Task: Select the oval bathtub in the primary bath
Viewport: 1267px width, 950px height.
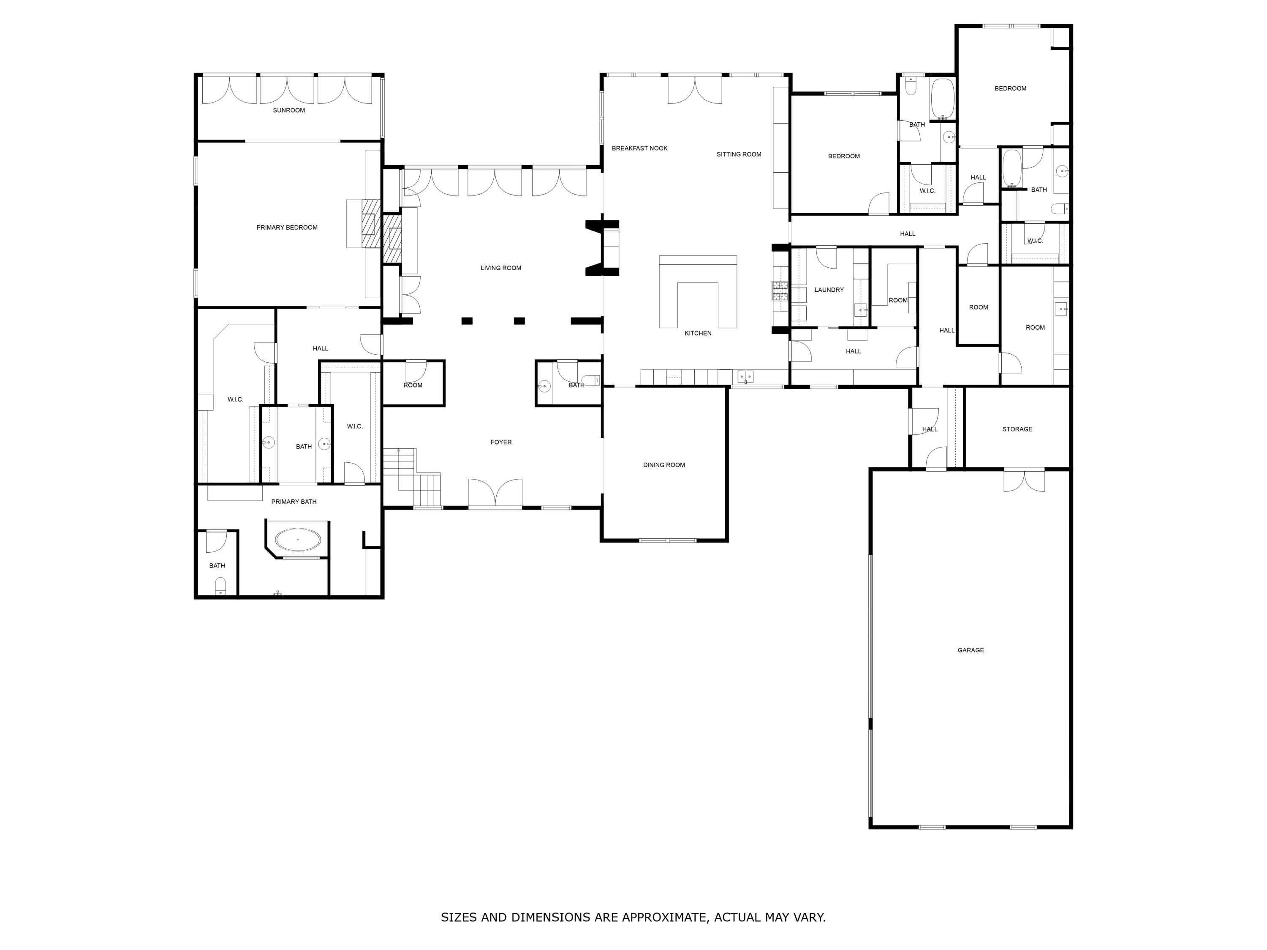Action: tap(298, 540)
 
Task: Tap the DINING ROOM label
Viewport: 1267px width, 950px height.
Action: tap(664, 465)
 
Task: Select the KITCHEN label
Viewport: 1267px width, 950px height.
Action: tap(698, 333)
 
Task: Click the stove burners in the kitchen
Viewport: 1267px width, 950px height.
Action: tap(780, 291)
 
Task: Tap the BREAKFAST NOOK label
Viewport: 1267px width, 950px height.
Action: tap(639, 148)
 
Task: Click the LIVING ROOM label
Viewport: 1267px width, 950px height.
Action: tap(500, 268)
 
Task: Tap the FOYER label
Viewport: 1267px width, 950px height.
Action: tap(500, 442)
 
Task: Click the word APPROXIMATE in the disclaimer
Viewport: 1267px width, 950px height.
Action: tap(664, 917)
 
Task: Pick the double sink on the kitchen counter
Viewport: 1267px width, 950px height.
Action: tap(745, 377)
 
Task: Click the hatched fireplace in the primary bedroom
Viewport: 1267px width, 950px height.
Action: tap(371, 223)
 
